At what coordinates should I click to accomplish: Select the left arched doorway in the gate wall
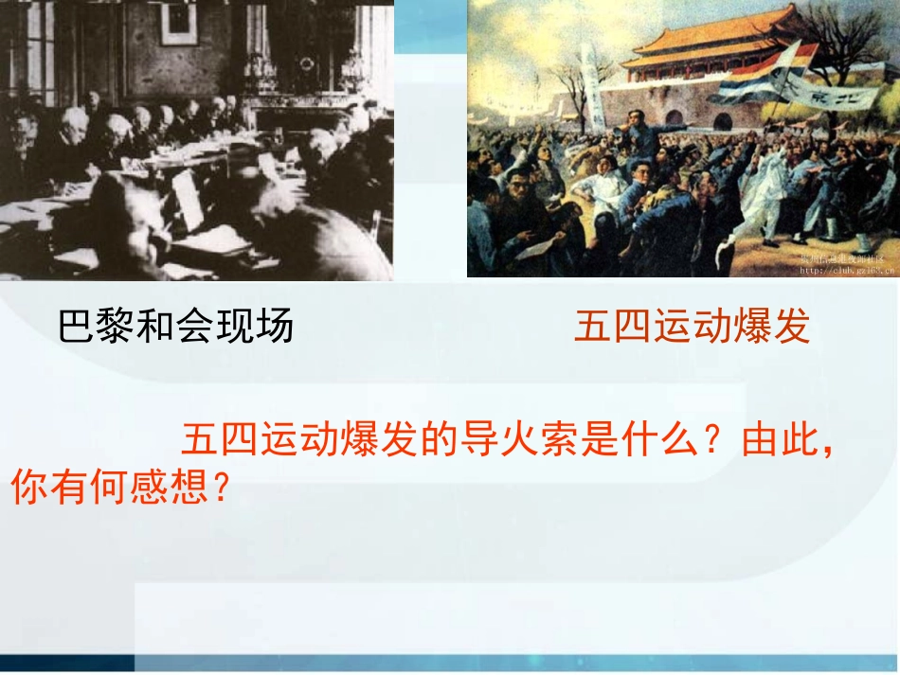tap(674, 118)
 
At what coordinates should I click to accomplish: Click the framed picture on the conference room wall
tap(178, 23)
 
